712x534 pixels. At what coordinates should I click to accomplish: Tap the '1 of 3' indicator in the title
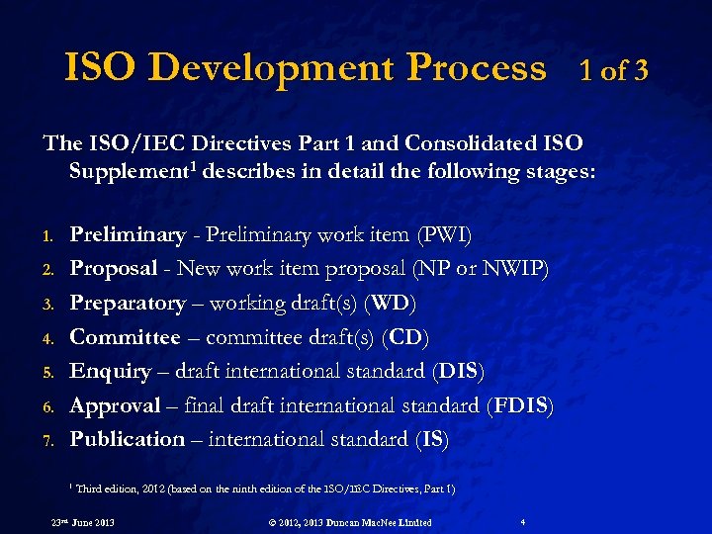tap(614, 70)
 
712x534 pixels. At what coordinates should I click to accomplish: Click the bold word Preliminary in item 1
tap(128, 235)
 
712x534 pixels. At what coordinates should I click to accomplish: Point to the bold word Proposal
tap(114, 269)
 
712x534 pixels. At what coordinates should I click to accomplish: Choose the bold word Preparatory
tap(128, 303)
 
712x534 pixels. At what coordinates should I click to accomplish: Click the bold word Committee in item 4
tap(126, 337)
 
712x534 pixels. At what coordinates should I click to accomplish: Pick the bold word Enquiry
tap(111, 371)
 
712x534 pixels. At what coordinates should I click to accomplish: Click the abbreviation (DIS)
tap(459, 371)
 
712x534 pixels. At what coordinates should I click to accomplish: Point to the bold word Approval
tap(115, 405)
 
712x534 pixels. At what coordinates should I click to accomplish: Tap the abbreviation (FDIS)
tap(520, 405)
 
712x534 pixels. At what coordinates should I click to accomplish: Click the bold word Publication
tap(128, 439)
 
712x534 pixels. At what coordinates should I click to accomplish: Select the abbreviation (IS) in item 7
tap(433, 439)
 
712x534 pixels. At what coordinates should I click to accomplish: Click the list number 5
tap(46, 373)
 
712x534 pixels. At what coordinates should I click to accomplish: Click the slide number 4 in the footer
tap(522, 521)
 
